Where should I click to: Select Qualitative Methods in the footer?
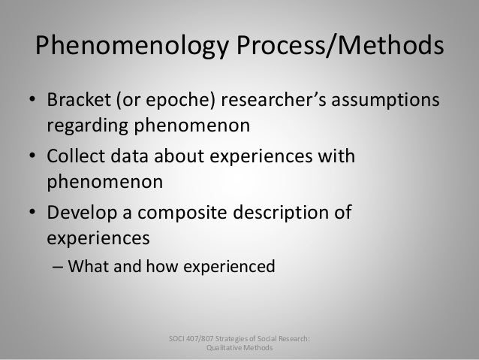coord(240,349)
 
